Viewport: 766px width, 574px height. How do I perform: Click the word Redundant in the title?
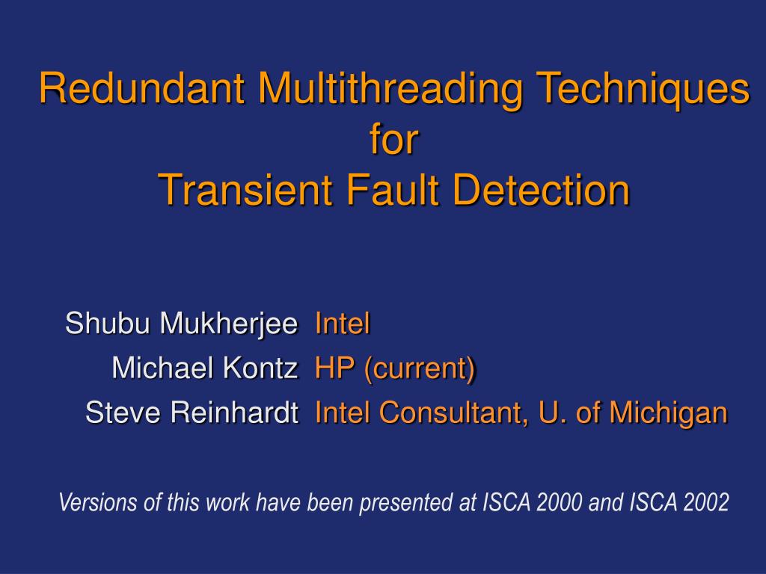coord(143,90)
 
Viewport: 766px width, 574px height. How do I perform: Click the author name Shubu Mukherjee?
coord(182,324)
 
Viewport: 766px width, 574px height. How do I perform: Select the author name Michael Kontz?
coord(205,368)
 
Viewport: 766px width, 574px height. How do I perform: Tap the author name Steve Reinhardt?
coord(192,412)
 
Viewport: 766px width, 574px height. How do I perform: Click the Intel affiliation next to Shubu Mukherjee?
coord(343,324)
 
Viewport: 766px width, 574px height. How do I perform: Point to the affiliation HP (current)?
coord(395,368)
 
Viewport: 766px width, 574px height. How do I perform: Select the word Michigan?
coord(669,412)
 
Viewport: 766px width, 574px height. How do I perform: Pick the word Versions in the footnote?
coord(99,503)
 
